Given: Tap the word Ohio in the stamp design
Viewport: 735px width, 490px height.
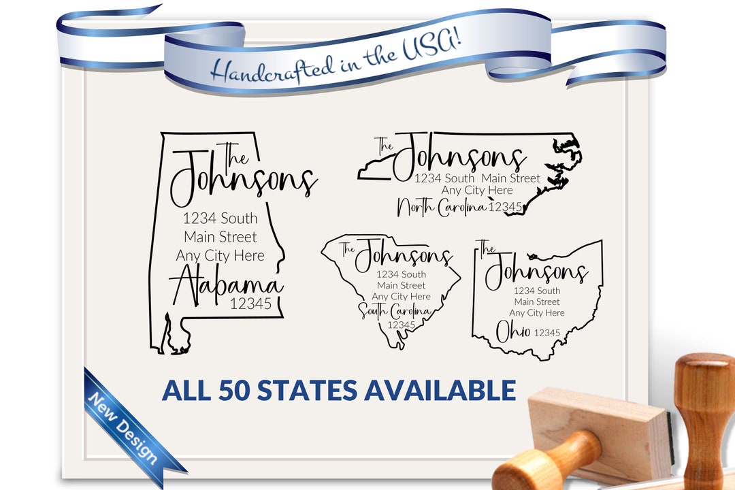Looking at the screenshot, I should click(512, 332).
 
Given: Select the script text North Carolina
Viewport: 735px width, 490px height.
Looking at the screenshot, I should click(442, 207).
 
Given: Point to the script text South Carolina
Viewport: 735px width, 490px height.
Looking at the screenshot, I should click(395, 312).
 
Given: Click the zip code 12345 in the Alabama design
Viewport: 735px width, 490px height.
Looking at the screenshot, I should click(250, 304).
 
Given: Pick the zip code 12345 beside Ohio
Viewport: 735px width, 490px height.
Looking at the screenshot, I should click(546, 333).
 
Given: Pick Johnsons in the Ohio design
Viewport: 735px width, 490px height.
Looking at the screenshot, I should click(536, 272).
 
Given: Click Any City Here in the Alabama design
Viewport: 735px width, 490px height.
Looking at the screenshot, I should click(220, 256).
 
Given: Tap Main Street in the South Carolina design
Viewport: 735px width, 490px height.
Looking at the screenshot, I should click(402, 286).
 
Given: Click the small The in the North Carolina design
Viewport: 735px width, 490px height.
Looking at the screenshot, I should click(385, 145).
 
